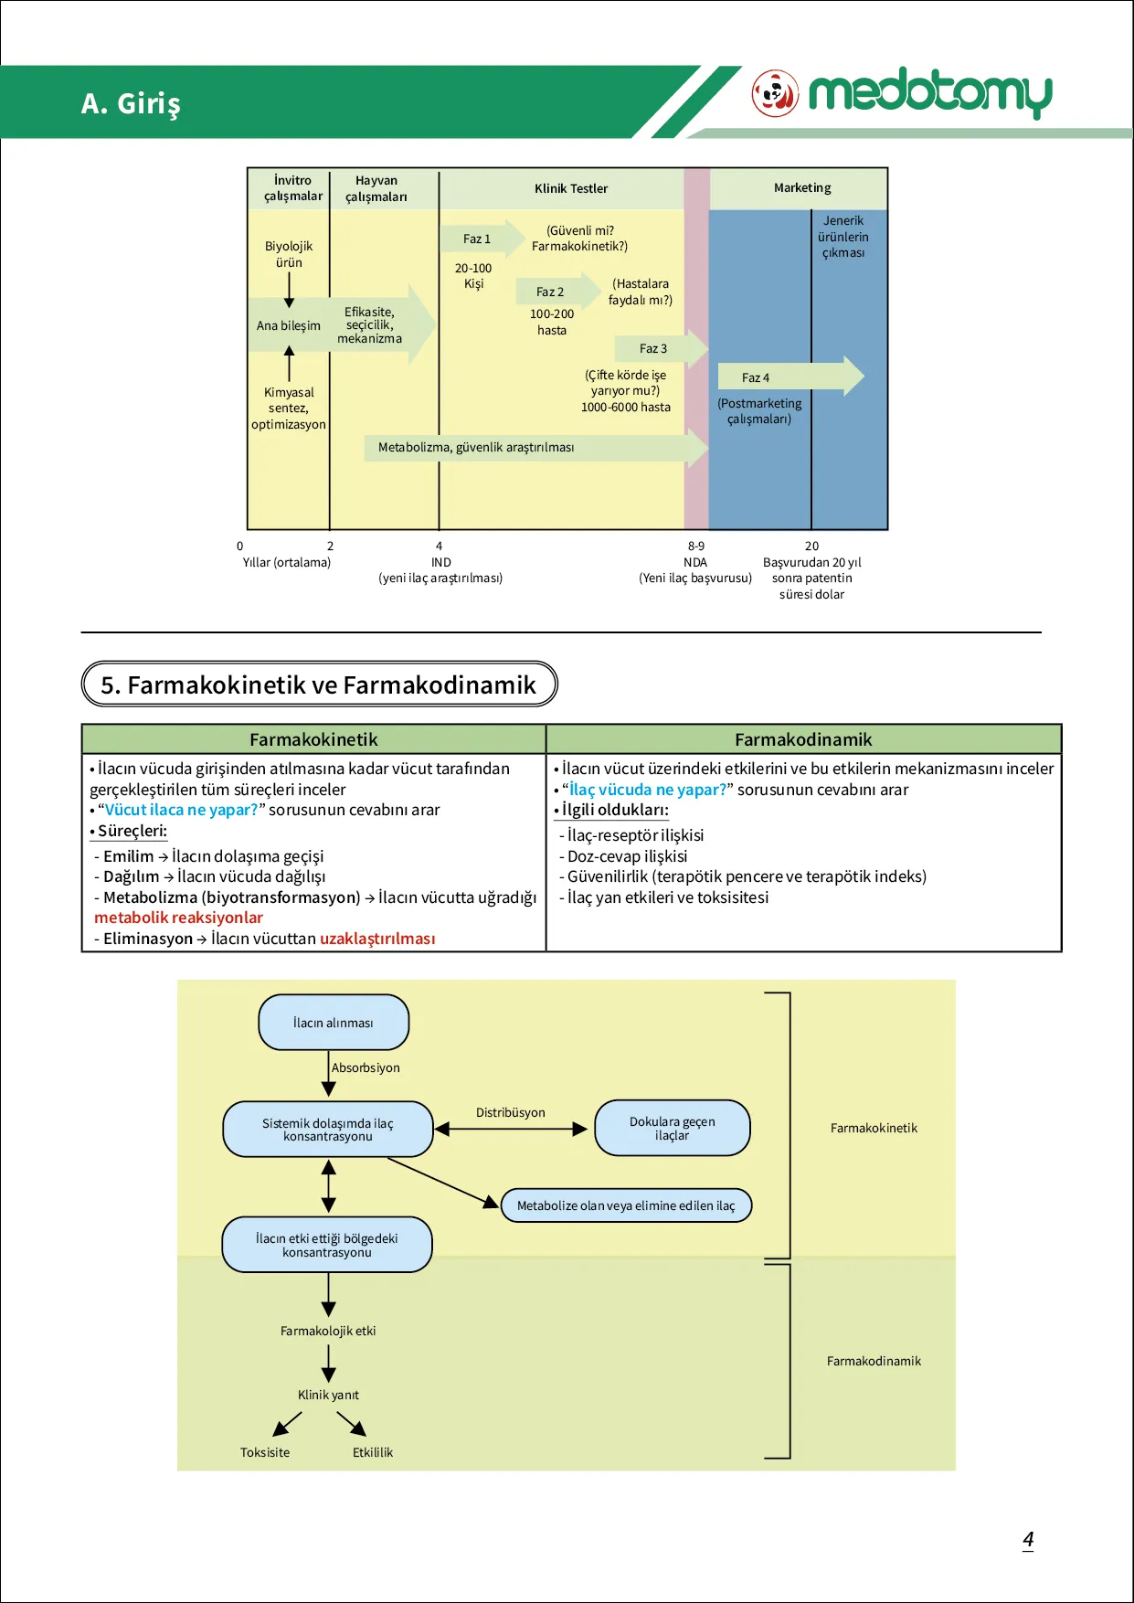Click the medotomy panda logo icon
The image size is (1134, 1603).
click(775, 93)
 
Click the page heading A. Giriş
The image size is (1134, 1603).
click(131, 103)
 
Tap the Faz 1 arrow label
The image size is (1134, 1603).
click(476, 239)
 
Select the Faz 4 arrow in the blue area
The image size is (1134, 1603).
click(790, 377)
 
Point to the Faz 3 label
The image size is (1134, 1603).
click(652, 348)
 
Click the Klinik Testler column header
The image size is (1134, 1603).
click(571, 188)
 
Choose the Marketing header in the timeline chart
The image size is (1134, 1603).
click(802, 187)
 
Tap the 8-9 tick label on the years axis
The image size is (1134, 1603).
click(696, 546)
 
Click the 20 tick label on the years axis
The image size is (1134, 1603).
click(811, 546)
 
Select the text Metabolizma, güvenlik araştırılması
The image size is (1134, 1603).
click(476, 447)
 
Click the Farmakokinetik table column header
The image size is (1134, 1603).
click(313, 739)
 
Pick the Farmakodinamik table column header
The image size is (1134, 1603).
click(803, 739)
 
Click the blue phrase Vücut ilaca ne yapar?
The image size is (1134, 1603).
click(182, 810)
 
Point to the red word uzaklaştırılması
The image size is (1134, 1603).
click(377, 939)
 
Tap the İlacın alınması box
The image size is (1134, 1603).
click(334, 1023)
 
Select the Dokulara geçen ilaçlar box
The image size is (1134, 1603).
click(673, 1128)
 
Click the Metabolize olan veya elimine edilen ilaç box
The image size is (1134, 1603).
click(626, 1205)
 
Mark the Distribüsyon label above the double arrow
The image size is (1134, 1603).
click(510, 1112)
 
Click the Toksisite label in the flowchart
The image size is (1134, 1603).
click(265, 1452)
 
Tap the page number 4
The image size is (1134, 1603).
click(1028, 1540)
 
